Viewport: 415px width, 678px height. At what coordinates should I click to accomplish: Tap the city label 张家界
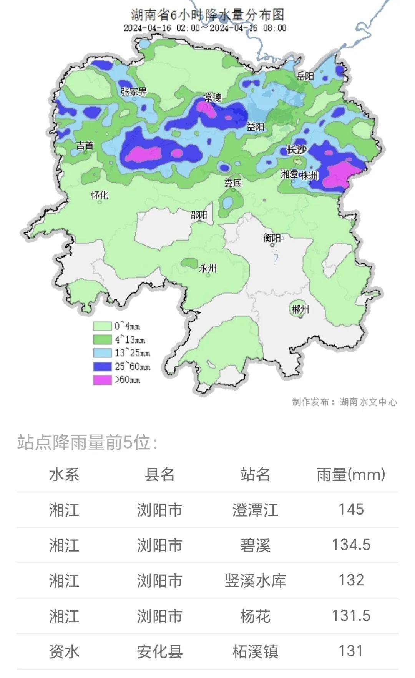[134, 91]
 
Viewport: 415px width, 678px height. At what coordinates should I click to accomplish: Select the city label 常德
[213, 97]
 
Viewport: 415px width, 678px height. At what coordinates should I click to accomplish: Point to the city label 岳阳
[305, 76]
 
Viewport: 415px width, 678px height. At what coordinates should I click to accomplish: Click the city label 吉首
[85, 145]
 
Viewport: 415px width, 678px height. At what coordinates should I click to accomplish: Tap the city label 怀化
[99, 195]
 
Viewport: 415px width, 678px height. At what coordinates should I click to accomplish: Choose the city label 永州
[207, 268]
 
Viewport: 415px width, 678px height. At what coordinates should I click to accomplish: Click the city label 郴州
[300, 309]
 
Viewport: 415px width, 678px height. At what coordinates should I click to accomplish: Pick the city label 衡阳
[272, 238]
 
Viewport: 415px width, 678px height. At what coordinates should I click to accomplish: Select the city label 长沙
[297, 150]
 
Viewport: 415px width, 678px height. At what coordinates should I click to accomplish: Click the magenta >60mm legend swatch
[102, 380]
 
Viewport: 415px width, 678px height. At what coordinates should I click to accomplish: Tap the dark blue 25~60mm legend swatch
[102, 366]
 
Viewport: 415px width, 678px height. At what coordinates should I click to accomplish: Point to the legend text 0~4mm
[127, 326]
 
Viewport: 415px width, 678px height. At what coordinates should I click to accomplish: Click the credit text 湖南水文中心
[368, 402]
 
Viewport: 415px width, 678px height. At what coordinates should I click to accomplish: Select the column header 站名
[255, 475]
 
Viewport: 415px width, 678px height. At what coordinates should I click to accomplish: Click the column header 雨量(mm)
[351, 475]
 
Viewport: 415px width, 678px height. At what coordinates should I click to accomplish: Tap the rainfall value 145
[351, 510]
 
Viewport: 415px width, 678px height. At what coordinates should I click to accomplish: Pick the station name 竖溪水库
[255, 581]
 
